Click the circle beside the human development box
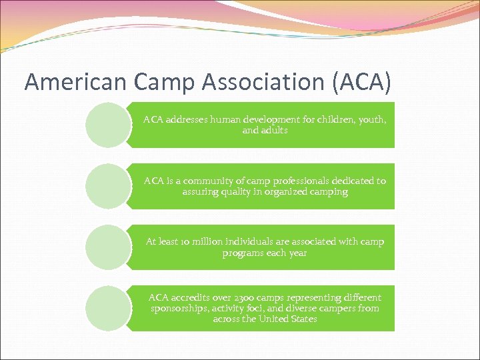[108, 125]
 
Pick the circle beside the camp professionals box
[108, 186]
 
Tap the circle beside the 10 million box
[108, 247]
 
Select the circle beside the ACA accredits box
[108, 309]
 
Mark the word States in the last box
[303, 319]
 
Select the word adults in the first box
[274, 130]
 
